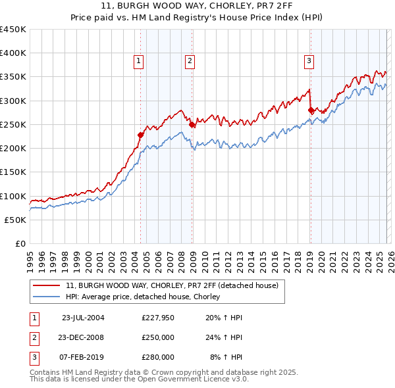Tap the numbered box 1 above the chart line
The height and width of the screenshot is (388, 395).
click(x=140, y=61)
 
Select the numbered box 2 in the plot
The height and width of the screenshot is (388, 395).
click(x=190, y=61)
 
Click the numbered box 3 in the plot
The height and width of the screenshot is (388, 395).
click(x=309, y=61)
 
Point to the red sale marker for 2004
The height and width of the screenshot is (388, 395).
click(x=140, y=135)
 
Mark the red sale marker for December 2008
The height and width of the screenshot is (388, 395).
click(x=192, y=124)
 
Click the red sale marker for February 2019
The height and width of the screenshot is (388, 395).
click(x=311, y=110)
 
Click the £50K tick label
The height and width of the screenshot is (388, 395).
click(x=16, y=220)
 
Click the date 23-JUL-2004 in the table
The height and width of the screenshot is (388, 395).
click(x=82, y=318)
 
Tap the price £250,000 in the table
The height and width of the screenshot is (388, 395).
click(x=158, y=337)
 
